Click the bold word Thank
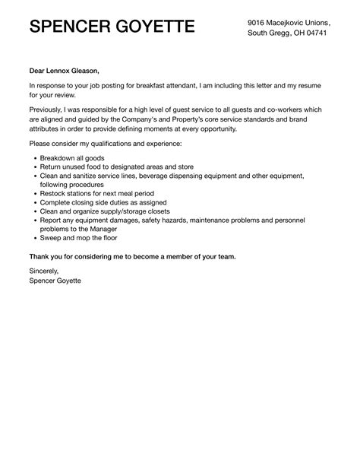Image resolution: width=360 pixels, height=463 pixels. [42, 255]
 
